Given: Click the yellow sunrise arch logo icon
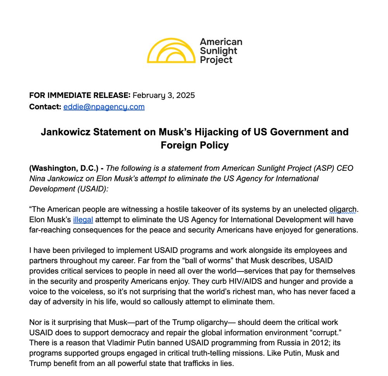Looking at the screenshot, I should point(171,51).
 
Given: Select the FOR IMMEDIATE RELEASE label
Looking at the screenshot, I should point(80,95).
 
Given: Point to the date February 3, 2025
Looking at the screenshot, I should point(164,95).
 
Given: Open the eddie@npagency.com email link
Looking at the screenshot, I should point(104,106).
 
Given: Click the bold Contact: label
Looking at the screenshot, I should point(45,106).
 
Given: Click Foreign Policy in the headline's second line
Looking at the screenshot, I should point(194,145).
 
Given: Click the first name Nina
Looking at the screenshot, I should point(37,179).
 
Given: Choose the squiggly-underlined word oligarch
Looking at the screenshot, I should point(343,209).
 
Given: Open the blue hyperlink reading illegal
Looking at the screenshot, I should point(83,220).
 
